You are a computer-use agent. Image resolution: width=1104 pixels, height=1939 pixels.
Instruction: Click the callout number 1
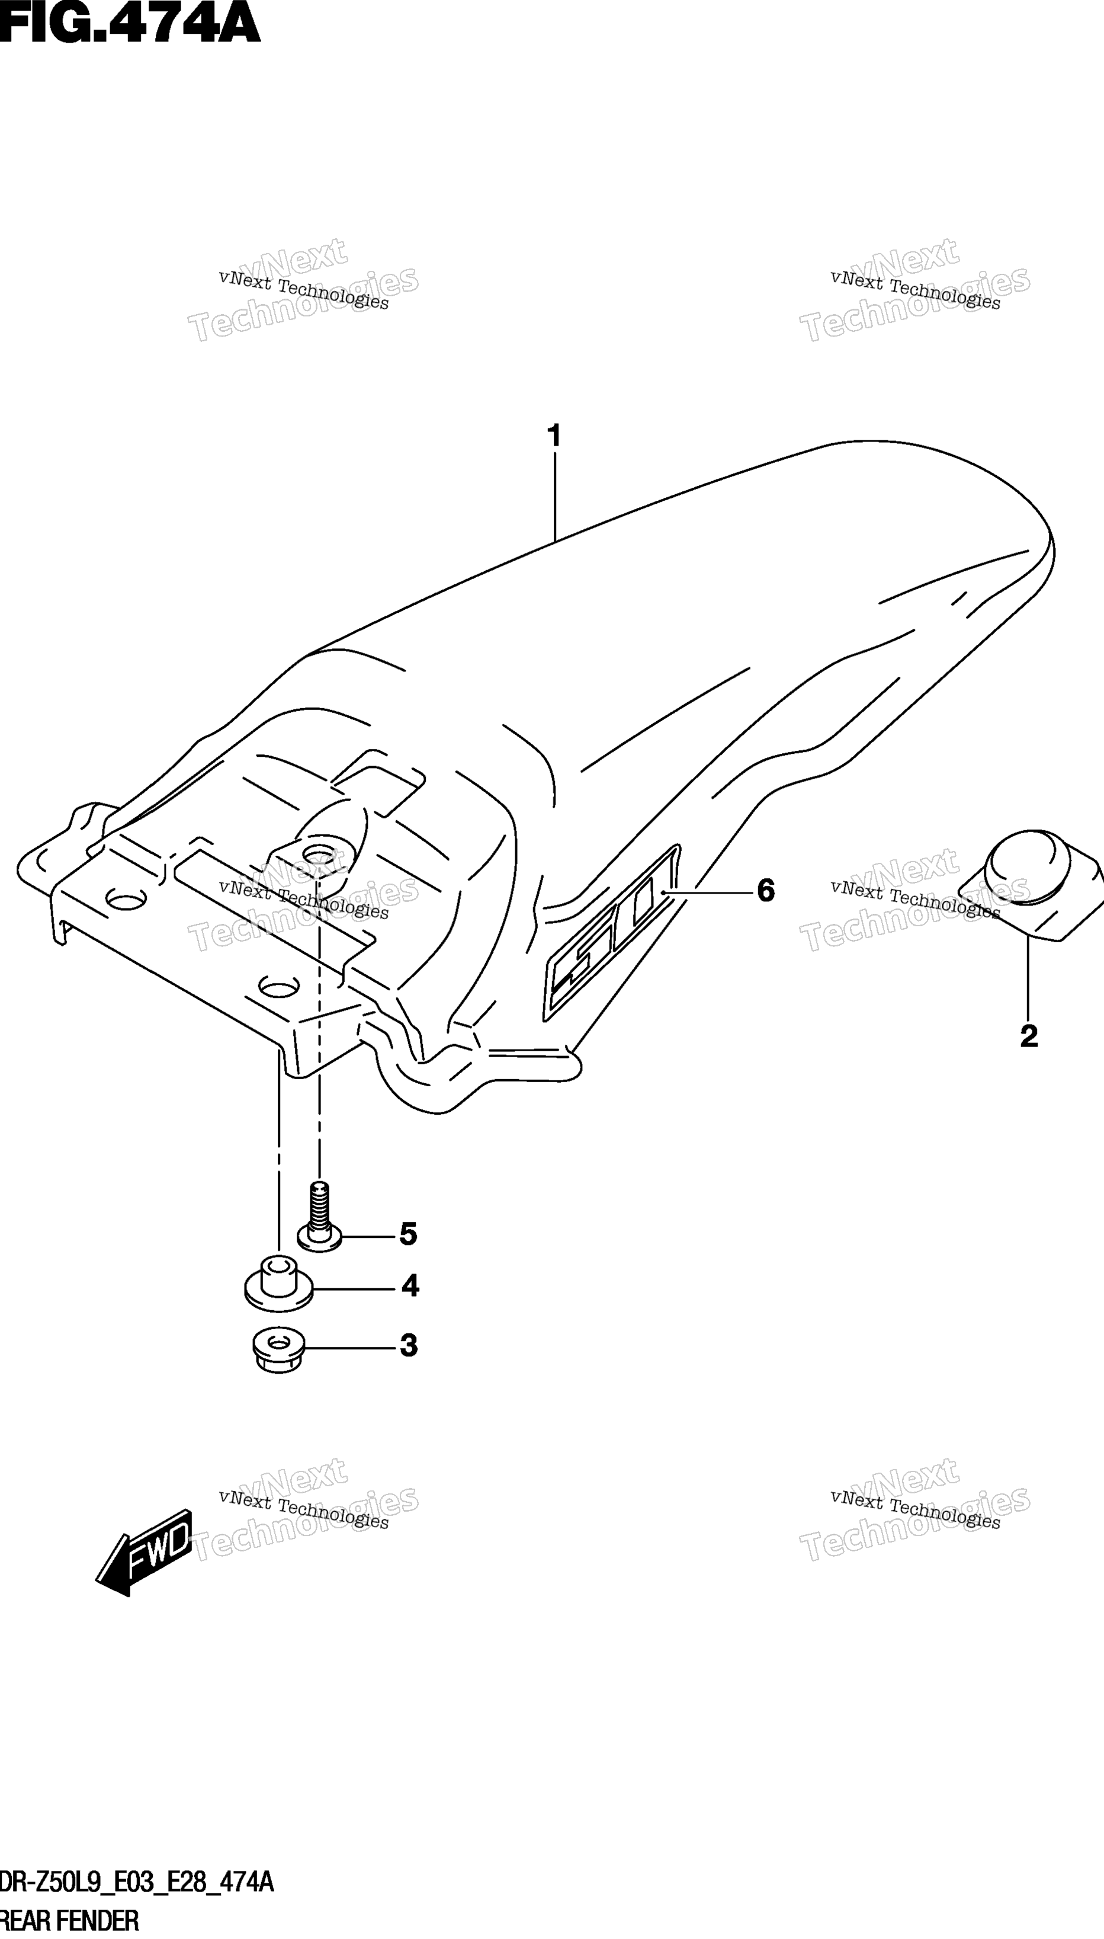[554, 436]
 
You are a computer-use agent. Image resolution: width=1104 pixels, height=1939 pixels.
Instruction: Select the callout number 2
[1029, 1036]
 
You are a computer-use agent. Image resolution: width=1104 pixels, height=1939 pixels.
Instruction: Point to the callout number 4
[410, 1286]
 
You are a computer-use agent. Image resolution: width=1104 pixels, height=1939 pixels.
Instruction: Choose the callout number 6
[766, 891]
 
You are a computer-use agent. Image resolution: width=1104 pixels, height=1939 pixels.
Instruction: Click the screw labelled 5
[319, 1216]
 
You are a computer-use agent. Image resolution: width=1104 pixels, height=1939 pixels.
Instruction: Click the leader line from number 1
[555, 497]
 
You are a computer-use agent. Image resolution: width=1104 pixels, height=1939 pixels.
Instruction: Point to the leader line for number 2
[1028, 978]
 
